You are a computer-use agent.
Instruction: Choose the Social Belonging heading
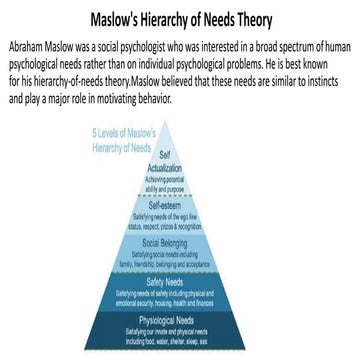(180, 243)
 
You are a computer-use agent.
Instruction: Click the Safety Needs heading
(180, 281)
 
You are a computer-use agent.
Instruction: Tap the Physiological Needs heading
(180, 319)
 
